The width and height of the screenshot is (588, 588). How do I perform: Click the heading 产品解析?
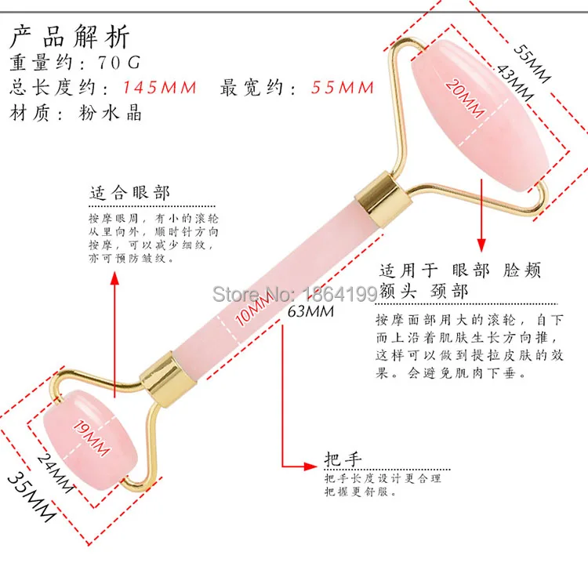click(x=69, y=36)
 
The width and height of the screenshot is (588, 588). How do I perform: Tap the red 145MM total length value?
click(x=160, y=87)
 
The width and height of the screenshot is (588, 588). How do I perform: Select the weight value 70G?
click(x=119, y=62)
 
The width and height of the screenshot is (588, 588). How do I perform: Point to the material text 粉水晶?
click(x=110, y=112)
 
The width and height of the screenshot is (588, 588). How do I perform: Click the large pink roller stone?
click(x=481, y=116)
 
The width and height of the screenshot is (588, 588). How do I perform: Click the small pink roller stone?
click(x=90, y=437)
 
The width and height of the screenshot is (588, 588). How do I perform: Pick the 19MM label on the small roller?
click(x=92, y=437)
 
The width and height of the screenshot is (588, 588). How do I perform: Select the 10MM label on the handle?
click(x=254, y=309)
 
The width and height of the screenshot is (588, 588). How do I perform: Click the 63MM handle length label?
click(x=310, y=311)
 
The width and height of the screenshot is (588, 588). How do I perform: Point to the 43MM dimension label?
click(x=515, y=83)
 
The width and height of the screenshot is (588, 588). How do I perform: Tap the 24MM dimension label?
click(x=55, y=473)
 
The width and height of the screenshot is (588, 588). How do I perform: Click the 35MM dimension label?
click(x=32, y=496)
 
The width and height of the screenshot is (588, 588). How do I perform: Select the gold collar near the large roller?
click(x=383, y=199)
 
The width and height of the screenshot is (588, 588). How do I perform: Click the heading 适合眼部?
click(x=129, y=193)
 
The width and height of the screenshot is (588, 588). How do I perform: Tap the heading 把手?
click(x=343, y=459)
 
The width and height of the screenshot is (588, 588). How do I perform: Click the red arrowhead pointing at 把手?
click(x=311, y=466)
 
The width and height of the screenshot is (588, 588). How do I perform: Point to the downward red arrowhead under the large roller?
click(x=482, y=245)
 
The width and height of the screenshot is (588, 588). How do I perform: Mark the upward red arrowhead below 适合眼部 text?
click(x=114, y=278)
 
